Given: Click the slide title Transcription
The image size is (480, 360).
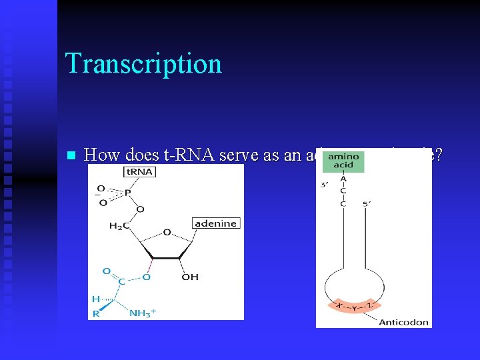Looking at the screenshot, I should (143, 64).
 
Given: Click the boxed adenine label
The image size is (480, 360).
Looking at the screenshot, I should (215, 223).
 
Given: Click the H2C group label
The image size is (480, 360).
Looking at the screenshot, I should (119, 226).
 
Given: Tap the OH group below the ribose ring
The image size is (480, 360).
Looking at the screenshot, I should (190, 277).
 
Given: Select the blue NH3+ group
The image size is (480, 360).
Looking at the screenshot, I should (143, 313).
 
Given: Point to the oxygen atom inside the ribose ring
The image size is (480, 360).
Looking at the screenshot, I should (166, 232).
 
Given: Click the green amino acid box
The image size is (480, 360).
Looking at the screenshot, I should (344, 161).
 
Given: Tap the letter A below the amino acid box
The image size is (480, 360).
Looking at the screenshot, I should (343, 179).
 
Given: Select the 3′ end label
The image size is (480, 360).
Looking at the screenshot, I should (324, 185).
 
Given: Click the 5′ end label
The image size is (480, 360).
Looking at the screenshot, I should (367, 203).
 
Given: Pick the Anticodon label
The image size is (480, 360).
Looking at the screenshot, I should (404, 323).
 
